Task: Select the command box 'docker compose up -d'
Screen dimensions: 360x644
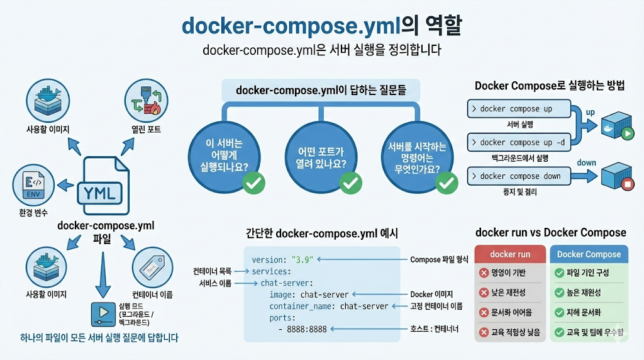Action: pos(519,142)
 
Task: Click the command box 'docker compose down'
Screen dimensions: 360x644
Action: pos(519,176)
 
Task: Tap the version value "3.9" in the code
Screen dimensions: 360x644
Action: pos(303,259)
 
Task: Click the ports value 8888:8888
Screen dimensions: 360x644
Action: pos(306,329)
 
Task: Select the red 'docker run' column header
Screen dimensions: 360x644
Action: pos(510,254)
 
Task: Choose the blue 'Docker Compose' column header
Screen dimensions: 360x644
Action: pos(589,254)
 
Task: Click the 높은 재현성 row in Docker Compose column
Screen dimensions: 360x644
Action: pos(588,293)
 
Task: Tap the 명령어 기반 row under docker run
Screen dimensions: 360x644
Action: pos(510,273)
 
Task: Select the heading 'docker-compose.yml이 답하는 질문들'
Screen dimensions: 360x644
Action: pos(321,90)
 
